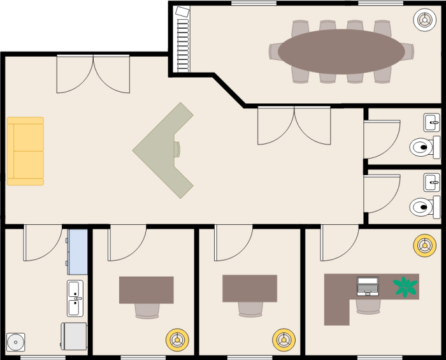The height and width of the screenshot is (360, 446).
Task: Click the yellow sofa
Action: point(25,151)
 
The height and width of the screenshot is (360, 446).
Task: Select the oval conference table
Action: point(341,52)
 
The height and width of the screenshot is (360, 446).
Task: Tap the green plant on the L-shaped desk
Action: point(404,286)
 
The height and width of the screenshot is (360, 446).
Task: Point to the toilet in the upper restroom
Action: point(423,148)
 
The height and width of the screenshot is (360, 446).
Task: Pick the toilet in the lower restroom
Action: point(423,206)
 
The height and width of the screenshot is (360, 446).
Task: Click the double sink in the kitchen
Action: point(75,298)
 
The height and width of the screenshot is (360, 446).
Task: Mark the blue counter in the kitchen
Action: point(78,252)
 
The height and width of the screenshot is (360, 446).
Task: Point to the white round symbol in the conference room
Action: point(424,20)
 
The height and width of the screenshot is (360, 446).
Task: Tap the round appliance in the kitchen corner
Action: point(15,342)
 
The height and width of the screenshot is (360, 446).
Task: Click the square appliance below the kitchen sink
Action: point(74,336)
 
